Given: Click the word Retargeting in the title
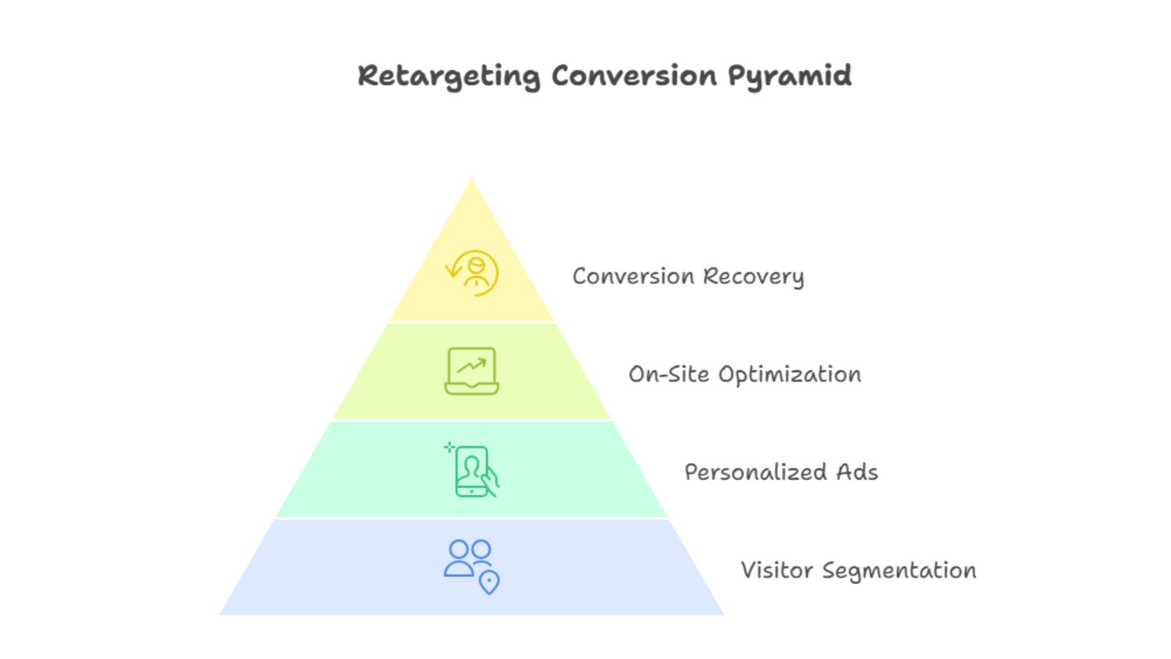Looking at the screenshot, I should (448, 76).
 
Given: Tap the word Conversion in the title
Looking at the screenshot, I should (634, 76).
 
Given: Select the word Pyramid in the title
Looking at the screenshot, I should (789, 76).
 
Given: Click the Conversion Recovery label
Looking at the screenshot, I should (688, 276).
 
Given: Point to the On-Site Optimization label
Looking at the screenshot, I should (745, 374).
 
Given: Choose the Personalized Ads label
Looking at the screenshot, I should (781, 472).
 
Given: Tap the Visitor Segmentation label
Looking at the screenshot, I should (858, 571).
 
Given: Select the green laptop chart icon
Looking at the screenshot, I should (471, 371).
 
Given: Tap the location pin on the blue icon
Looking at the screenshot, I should (489, 582).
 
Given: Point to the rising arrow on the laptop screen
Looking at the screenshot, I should (472, 366).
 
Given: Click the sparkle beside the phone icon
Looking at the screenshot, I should (449, 447).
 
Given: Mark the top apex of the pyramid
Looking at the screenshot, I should (471, 179).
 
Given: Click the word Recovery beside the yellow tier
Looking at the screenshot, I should (753, 276).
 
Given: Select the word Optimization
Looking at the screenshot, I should (790, 374).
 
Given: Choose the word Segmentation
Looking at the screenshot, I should (899, 571).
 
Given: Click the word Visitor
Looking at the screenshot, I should (777, 571).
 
